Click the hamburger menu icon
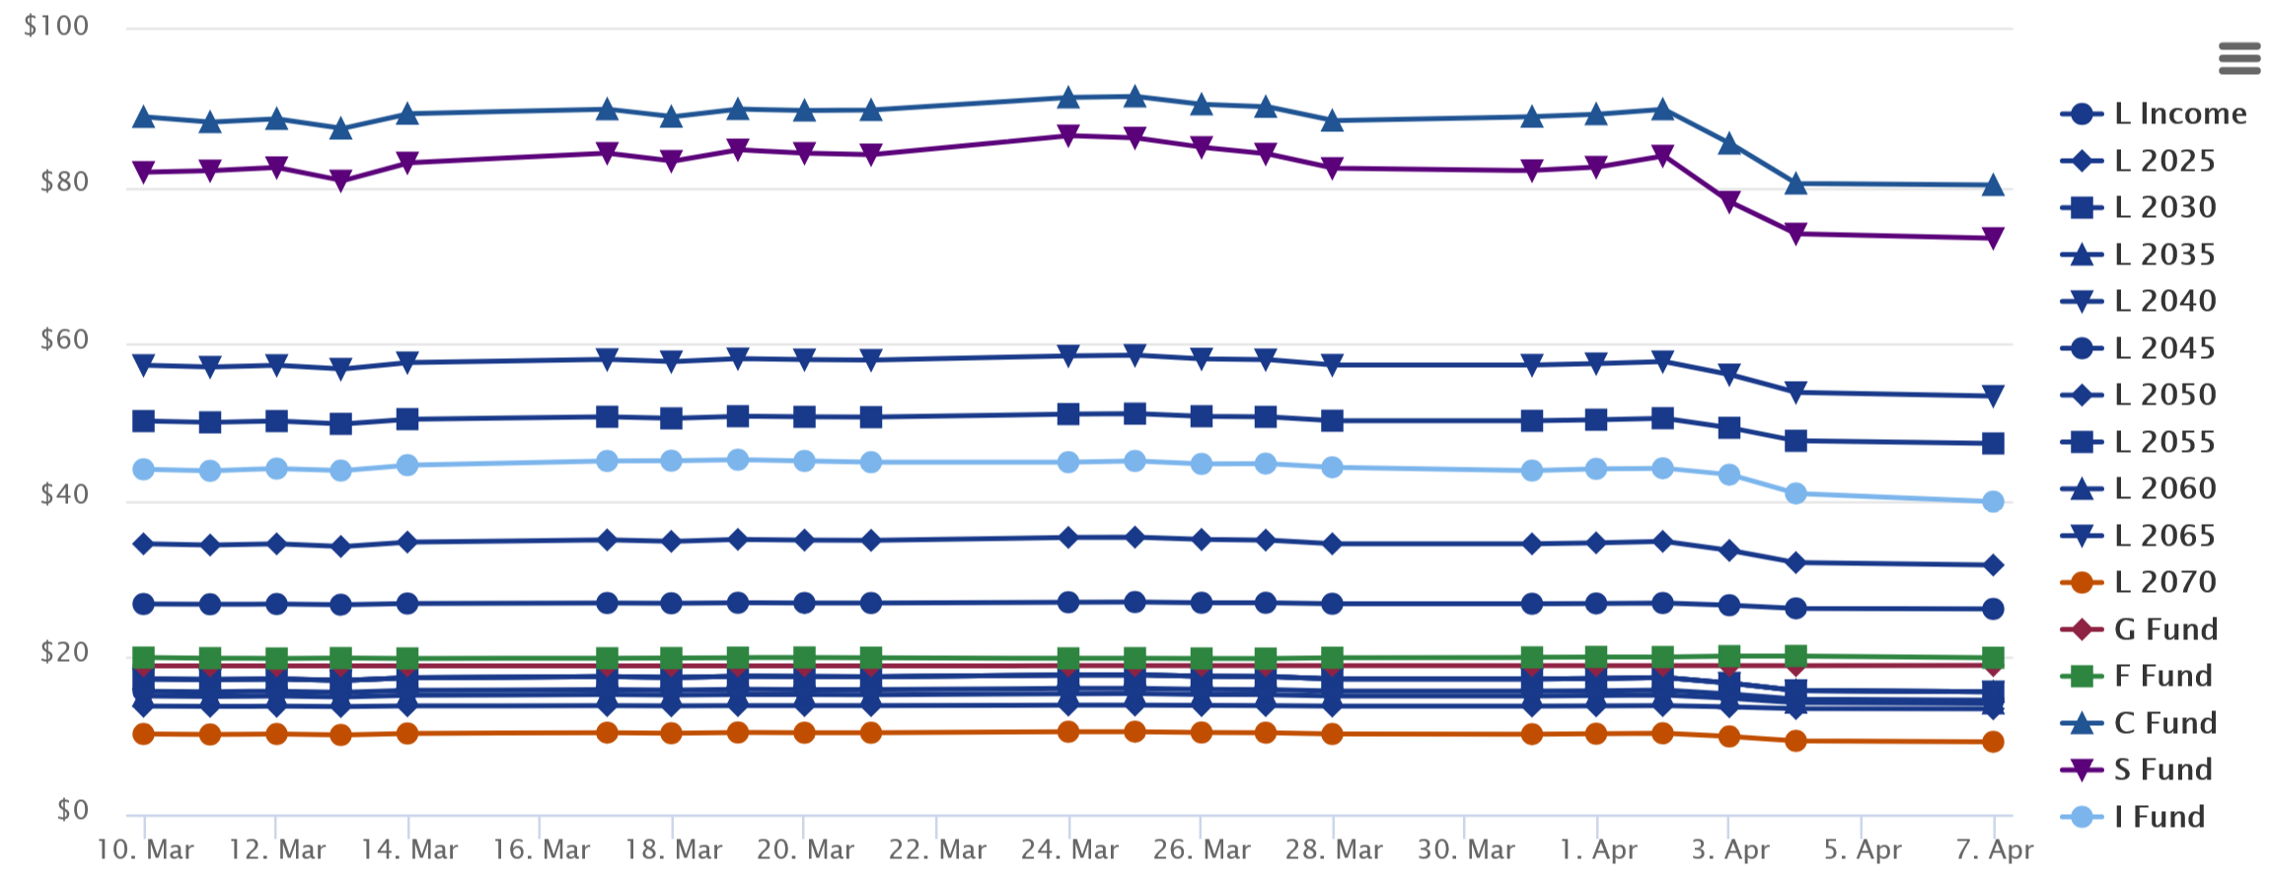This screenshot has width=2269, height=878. coord(2238,58)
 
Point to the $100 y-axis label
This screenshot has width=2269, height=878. coord(56,26)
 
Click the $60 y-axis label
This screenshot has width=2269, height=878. coord(64,340)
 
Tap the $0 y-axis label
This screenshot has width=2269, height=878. coord(73,810)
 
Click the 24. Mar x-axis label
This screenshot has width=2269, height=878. coord(1068,849)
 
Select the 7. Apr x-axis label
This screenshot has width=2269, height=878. coord(1994,849)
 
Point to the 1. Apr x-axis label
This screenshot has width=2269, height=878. coord(1597,849)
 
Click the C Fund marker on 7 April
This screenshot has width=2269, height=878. coord(1993,184)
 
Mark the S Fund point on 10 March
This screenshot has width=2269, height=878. coord(144,173)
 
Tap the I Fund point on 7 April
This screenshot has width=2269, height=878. coord(1993,501)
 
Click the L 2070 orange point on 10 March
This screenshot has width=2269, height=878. coord(144,734)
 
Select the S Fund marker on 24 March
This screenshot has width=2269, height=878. coord(1068,135)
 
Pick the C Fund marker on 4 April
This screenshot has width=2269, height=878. coord(1795,183)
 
